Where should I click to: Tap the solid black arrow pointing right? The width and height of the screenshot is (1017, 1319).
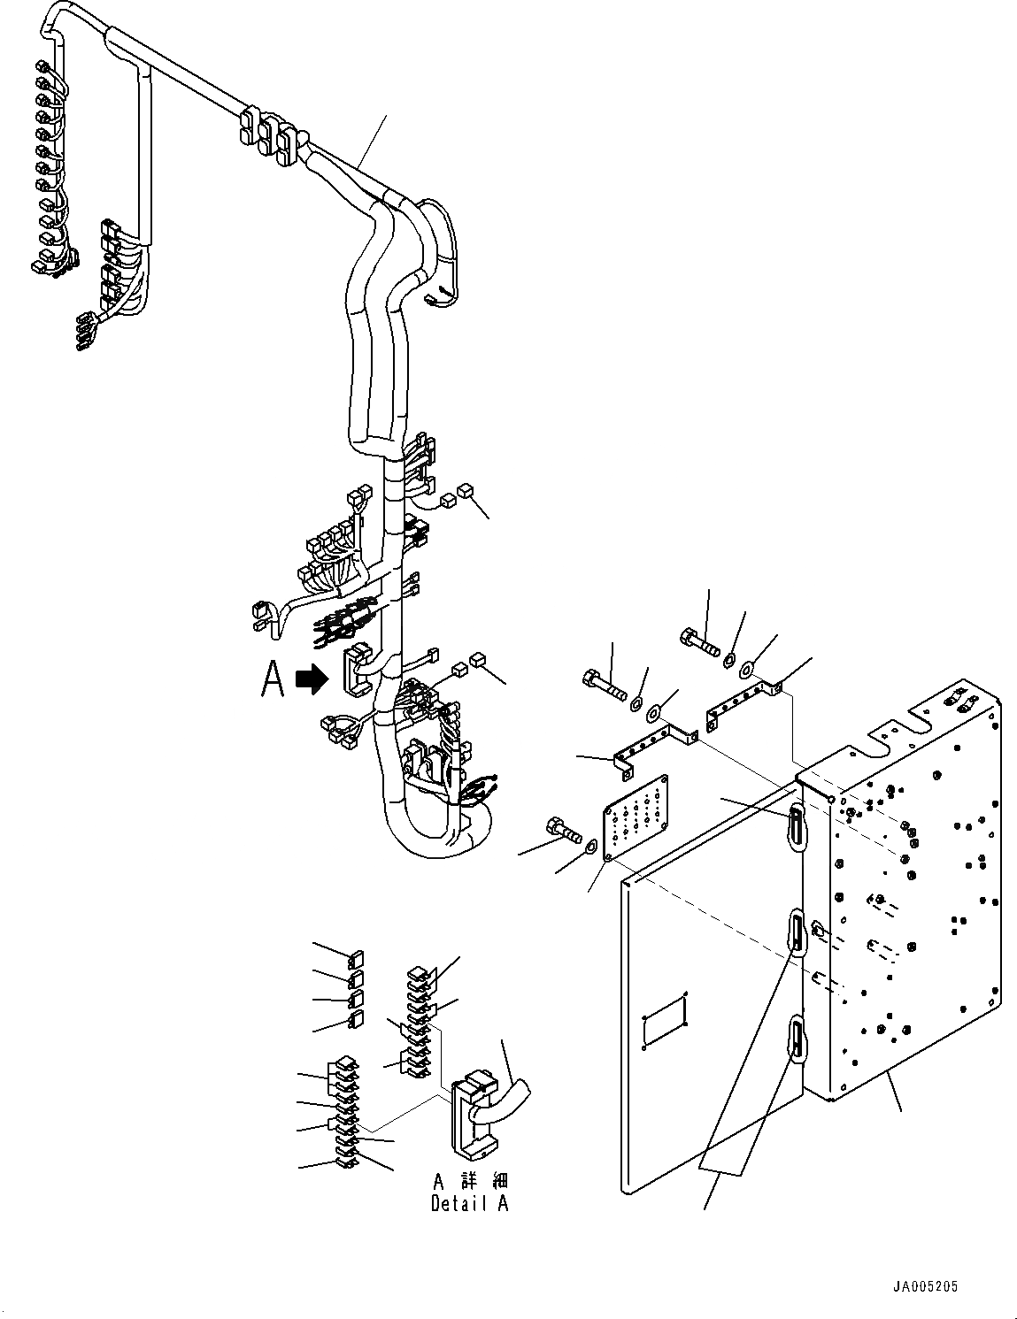pos(312,679)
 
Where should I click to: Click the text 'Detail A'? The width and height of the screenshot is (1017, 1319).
pos(469,1203)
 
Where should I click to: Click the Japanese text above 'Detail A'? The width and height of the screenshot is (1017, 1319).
pos(470,1182)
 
